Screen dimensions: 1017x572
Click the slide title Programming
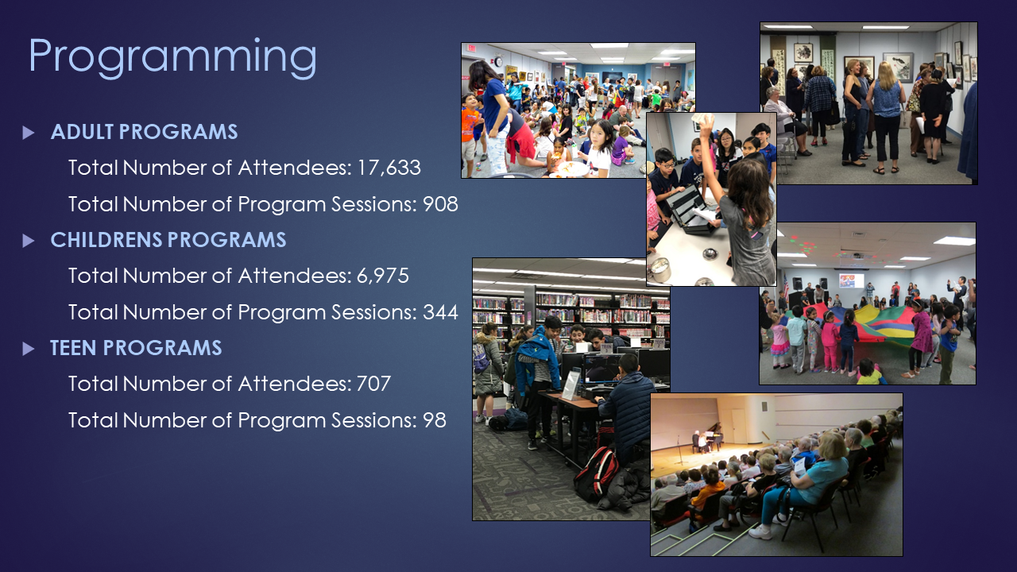(x=172, y=57)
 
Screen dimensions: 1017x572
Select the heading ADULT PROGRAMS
(x=144, y=132)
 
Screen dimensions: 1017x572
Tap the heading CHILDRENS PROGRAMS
(x=168, y=240)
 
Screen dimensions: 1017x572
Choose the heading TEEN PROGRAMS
(x=136, y=348)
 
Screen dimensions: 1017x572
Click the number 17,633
(x=389, y=168)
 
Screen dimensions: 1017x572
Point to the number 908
(x=440, y=204)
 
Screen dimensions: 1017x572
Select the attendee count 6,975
(x=383, y=276)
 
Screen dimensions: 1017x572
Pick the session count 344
(x=440, y=312)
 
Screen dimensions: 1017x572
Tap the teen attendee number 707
(x=373, y=384)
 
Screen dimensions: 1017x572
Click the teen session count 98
(x=435, y=420)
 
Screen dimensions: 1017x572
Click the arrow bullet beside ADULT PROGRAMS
(x=28, y=133)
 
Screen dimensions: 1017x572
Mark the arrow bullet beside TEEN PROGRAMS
(x=28, y=349)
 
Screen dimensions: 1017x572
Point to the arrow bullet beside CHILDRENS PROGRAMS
(x=28, y=241)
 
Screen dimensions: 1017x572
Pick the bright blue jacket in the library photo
(x=536, y=358)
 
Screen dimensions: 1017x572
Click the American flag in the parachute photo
(x=786, y=285)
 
